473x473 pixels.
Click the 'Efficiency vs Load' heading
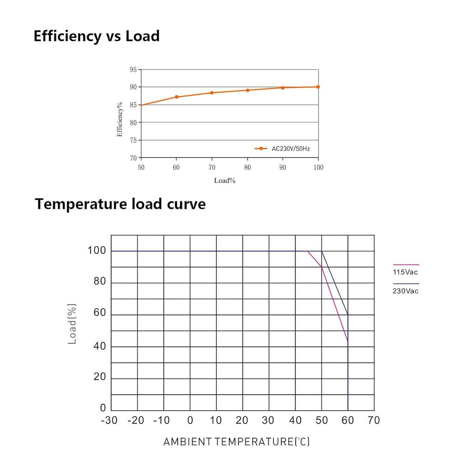tap(97, 36)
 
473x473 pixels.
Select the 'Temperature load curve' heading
tap(120, 204)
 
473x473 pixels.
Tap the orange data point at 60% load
tap(176, 97)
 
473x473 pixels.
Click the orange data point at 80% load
tap(248, 90)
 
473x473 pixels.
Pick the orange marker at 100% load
tap(318, 87)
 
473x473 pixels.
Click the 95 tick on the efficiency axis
tap(133, 70)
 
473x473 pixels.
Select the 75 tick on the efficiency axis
tap(133, 140)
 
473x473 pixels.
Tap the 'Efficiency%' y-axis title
tap(120, 119)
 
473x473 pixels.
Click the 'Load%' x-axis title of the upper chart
tap(224, 181)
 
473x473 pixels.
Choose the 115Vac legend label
tap(405, 272)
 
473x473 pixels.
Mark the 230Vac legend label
tap(405, 291)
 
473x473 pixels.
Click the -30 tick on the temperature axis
tap(109, 420)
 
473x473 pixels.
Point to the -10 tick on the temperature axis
tap(162, 420)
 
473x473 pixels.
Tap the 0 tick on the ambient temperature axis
tap(190, 420)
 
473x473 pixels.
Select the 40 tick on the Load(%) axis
tap(100, 346)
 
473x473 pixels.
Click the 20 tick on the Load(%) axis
tap(100, 377)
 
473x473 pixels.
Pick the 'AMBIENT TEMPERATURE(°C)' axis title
tap(236, 442)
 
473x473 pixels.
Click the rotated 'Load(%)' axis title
tap(72, 323)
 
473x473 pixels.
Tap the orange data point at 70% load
tap(212, 93)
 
